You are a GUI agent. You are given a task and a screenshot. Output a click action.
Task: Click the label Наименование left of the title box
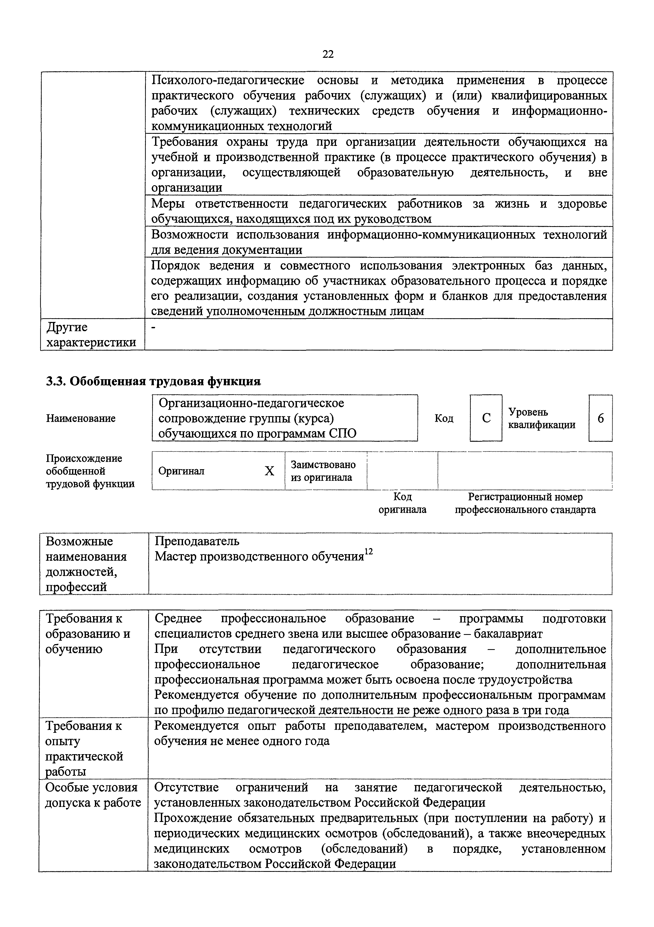click(x=81, y=418)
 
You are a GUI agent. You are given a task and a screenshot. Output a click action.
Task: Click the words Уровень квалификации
click(x=541, y=418)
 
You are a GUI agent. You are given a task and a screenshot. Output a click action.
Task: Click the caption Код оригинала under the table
click(x=402, y=503)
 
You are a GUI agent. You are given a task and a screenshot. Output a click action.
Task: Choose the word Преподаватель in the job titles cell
click(x=197, y=541)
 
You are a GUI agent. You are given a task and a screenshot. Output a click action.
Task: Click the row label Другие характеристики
click(x=91, y=335)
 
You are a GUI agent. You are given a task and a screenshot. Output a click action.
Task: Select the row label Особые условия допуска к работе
click(x=93, y=795)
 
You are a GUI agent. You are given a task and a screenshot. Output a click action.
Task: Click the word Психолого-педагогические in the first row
click(x=228, y=80)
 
